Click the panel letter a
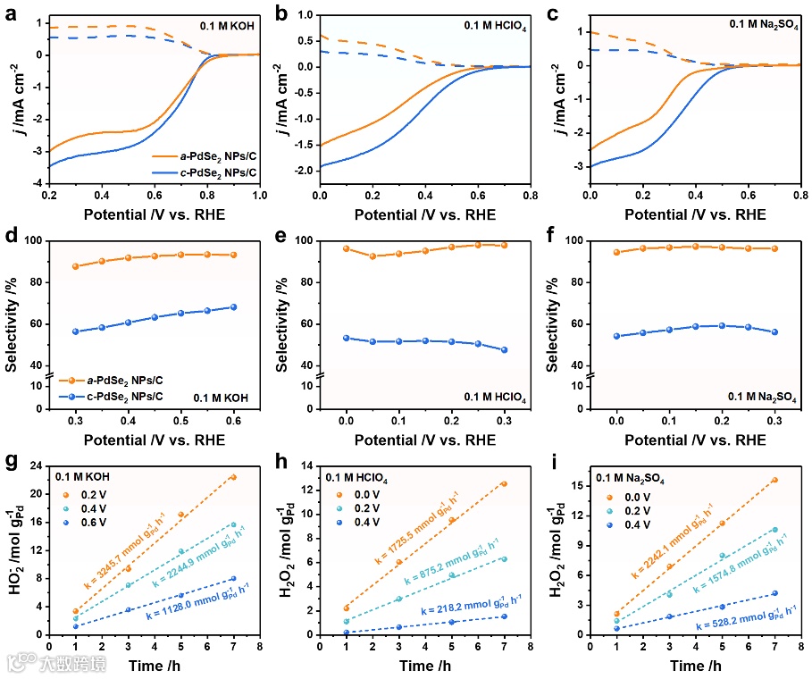11,12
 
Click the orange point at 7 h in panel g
233,477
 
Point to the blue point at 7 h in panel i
774,593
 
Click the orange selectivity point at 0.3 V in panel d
76,266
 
